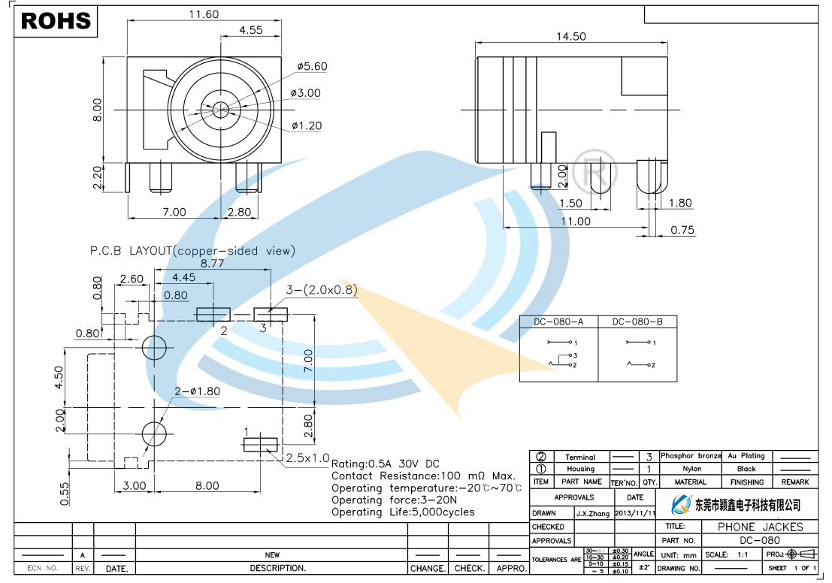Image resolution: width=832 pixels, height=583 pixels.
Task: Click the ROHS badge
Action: [56, 21]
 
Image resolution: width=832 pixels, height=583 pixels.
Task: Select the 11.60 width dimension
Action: [183, 14]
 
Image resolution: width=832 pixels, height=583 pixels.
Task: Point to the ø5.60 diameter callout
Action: [312, 66]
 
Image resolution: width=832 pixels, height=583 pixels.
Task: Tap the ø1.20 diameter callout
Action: [306, 125]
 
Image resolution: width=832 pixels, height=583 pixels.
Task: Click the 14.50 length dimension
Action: [571, 36]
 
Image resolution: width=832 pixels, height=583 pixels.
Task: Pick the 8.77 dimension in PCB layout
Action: [212, 264]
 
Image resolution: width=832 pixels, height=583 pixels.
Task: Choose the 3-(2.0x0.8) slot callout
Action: [321, 290]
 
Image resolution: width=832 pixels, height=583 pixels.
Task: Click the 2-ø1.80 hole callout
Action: [197, 391]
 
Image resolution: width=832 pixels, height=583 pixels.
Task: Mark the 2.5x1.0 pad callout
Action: [307, 458]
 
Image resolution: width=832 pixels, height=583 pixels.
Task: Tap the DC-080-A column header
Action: [558, 322]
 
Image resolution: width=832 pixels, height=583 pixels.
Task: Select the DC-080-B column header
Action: [637, 322]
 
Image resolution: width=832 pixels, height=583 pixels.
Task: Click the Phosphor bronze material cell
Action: [691, 456]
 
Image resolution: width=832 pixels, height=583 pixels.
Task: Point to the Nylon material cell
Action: [691, 469]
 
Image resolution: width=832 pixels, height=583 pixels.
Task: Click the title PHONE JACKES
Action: [761, 527]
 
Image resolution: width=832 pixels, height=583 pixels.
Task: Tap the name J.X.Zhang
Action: [593, 513]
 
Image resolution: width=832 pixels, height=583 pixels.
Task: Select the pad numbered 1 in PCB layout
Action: [261, 444]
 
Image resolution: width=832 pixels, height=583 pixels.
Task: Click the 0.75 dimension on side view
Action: [682, 230]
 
